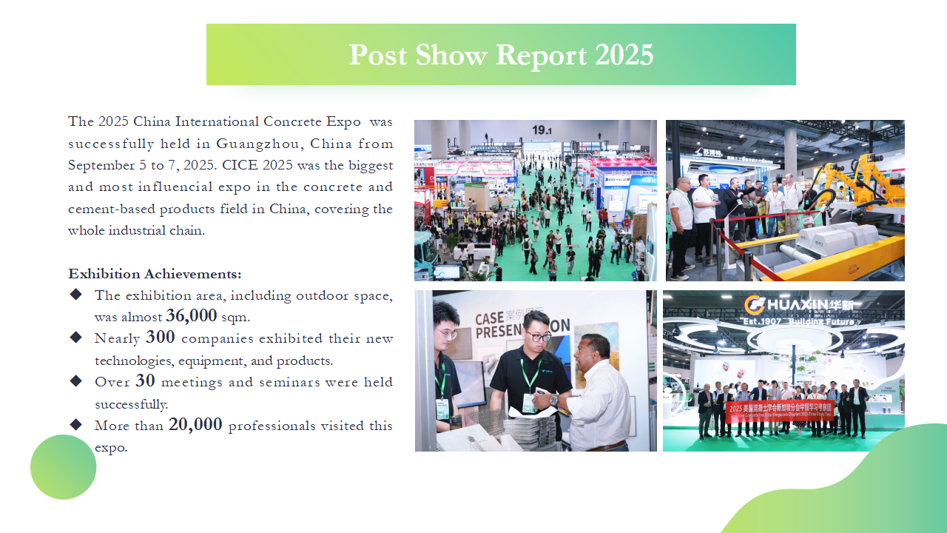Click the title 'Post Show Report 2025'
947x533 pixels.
501,55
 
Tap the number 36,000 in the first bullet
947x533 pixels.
191,315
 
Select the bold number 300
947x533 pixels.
161,337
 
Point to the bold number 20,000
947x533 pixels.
195,424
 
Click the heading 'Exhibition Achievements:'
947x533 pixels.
155,274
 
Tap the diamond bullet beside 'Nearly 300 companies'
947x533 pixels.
76,337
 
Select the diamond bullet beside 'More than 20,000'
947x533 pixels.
76,424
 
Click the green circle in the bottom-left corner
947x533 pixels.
64,467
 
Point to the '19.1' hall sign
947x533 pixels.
542,130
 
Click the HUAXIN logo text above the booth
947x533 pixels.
798,304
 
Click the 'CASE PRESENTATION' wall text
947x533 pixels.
522,325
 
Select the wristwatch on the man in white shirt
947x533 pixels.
554,400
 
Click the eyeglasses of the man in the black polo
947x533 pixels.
537,337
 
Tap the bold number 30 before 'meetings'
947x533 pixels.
145,381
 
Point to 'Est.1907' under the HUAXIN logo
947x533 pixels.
762,322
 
